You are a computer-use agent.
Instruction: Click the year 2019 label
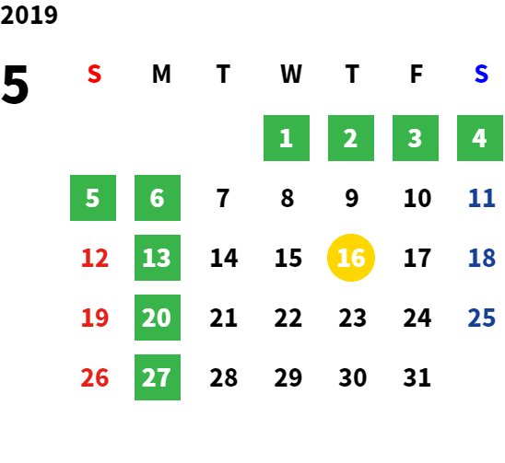[x=29, y=15]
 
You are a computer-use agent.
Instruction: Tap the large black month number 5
[x=15, y=85]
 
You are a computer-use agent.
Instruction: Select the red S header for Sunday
[x=94, y=74]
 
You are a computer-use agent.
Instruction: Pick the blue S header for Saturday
[x=481, y=74]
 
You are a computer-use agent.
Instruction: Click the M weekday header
[x=161, y=74]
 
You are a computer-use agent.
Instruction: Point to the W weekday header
[x=291, y=74]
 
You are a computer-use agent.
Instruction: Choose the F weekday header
[x=417, y=74]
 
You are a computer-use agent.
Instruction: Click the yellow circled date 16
[x=351, y=258]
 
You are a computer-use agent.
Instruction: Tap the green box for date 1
[x=287, y=138]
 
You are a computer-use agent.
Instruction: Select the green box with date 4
[x=480, y=138]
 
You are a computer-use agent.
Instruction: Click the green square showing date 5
[x=93, y=198]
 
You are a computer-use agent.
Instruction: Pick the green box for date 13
[x=158, y=258]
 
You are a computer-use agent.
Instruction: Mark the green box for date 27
[x=158, y=377]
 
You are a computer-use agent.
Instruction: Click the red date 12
[x=95, y=258]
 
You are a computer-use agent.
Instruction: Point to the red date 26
[x=95, y=377]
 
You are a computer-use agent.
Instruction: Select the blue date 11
[x=481, y=198]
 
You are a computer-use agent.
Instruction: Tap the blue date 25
[x=481, y=318]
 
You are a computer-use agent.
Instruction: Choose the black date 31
[x=417, y=377]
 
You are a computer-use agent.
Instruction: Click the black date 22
[x=288, y=318]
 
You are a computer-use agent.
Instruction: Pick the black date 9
[x=352, y=198]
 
